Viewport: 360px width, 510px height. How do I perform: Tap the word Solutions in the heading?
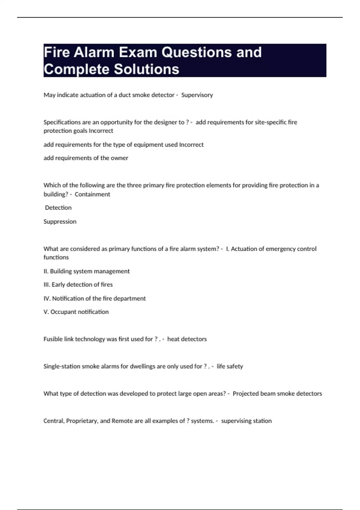146,69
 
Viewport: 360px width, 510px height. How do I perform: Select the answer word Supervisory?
197,95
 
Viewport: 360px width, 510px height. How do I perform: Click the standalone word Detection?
58,208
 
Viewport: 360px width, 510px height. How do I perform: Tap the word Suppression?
60,222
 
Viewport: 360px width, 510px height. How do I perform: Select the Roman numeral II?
46,271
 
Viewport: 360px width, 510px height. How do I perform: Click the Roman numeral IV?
47,298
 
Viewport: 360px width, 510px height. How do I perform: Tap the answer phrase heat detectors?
187,339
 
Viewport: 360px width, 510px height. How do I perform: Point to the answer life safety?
230,366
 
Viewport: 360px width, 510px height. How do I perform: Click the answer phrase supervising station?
246,421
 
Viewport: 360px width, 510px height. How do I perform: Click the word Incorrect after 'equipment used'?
191,145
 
